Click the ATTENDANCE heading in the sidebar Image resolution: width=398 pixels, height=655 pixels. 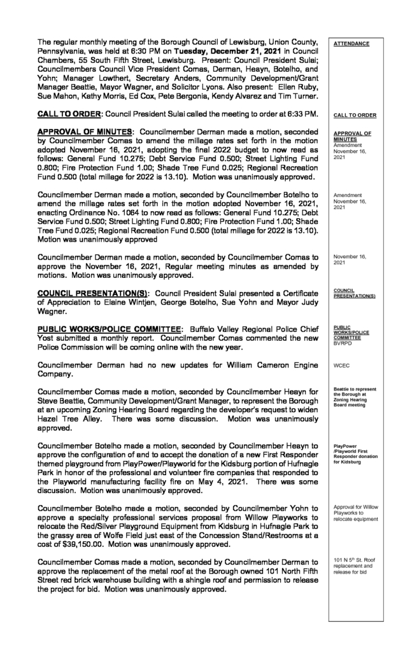pos(351,43)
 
